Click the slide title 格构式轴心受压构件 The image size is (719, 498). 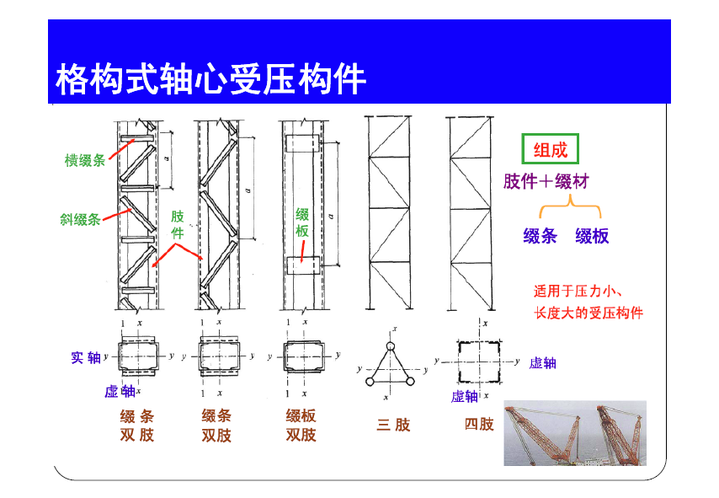pos(210,80)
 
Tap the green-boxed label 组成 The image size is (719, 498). pos(551,151)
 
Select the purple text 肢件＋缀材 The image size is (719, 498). pos(546,181)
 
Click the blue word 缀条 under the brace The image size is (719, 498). pos(540,237)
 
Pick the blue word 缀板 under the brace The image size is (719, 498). pos(592,237)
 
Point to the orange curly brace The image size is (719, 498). pos(571,207)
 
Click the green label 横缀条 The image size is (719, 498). pos(85,160)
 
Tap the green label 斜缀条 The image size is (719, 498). pos(80,219)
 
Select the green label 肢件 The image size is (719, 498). pos(178,224)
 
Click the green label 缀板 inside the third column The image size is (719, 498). pos(302,223)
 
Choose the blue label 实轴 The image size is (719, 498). pos(86,358)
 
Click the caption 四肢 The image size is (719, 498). pos(479,425)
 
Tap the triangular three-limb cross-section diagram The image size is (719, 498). pos(390,364)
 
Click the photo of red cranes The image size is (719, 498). pos(574,434)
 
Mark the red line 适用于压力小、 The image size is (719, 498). pos(578,292)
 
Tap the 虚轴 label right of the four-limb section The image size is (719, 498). pos(542,363)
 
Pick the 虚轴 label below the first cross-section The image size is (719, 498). pos(120,391)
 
